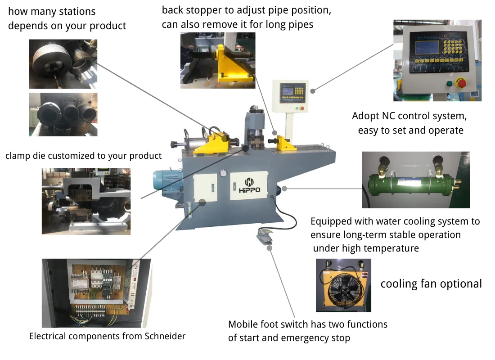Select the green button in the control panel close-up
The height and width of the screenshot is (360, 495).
pos(449,84)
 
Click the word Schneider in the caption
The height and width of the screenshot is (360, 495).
pos(165,336)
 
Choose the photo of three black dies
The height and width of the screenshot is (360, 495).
pos(63,114)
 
